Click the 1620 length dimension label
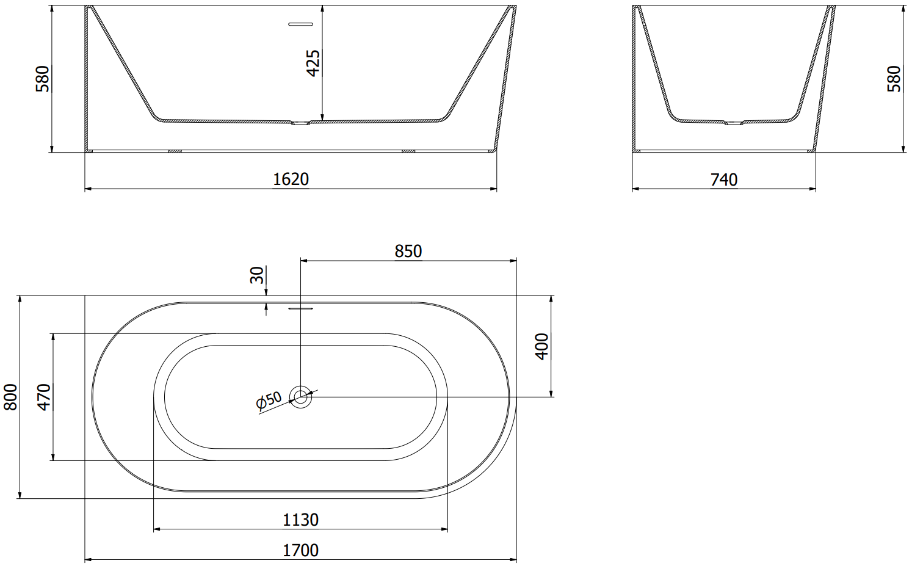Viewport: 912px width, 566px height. [291, 179]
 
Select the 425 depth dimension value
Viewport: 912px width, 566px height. [313, 63]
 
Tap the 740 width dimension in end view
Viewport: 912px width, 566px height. [724, 180]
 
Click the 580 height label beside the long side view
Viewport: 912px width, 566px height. [42, 79]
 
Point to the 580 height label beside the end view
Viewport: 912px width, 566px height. [894, 79]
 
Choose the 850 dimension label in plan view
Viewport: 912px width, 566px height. [408, 251]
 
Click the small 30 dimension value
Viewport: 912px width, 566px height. [257, 275]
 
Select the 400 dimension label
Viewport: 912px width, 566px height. [541, 346]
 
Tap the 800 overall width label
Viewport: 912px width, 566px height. [10, 397]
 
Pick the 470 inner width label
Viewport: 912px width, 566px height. [43, 397]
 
